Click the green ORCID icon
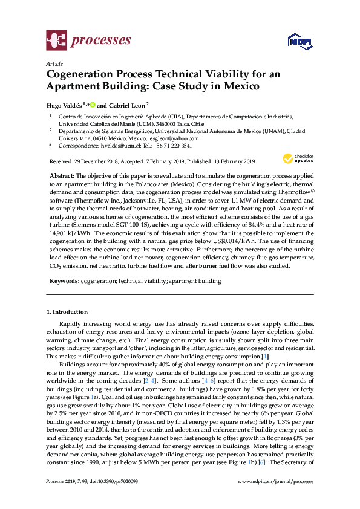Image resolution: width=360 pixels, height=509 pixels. (x=93, y=104)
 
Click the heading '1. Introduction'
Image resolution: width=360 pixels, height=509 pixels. (x=67, y=312)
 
